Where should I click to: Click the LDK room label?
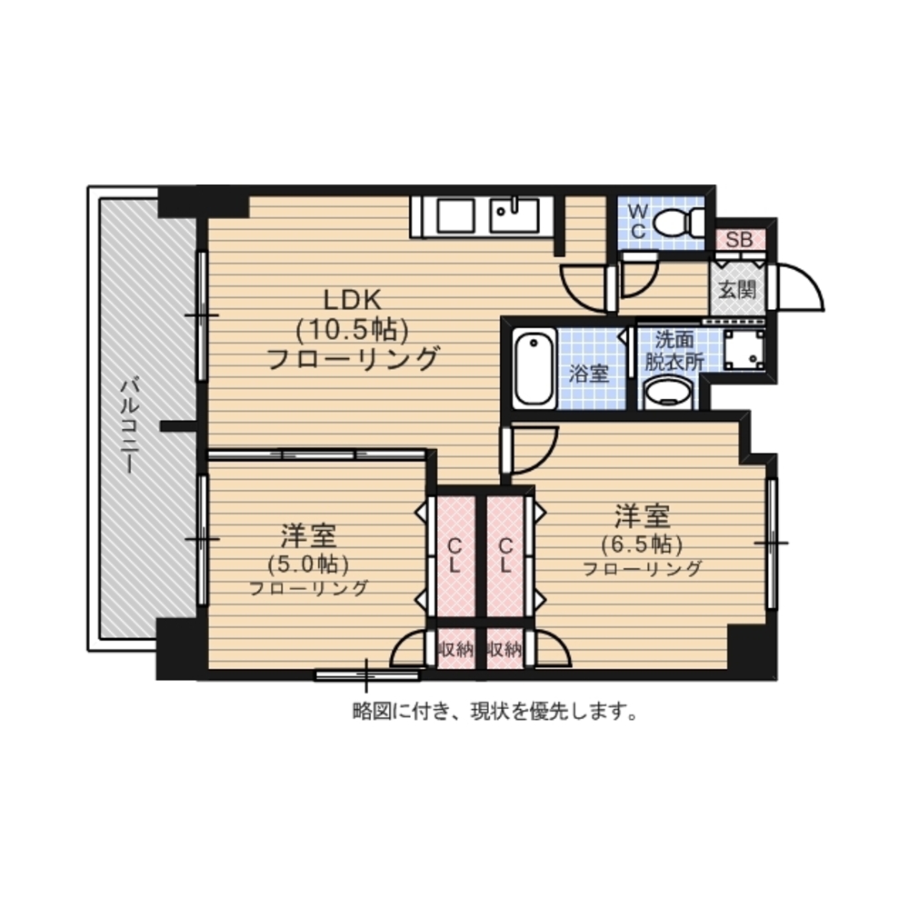pos(352,300)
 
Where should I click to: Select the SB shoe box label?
pos(739,239)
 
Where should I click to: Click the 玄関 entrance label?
pos(737,289)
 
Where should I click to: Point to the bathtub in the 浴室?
pos(534,368)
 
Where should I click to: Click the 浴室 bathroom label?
pos(588,374)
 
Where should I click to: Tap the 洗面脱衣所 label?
pos(674,351)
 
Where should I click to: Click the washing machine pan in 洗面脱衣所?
pos(744,349)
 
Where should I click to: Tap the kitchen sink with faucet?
pos(514,215)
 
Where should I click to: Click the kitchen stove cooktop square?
pos(456,215)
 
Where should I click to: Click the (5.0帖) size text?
pos(308,564)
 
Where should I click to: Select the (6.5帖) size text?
pos(642,544)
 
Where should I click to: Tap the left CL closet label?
pos(454,554)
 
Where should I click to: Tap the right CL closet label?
pos(505,554)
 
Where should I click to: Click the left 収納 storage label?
pos(455,650)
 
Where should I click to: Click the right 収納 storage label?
pos(504,650)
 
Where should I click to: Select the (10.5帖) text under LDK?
pos(352,330)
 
